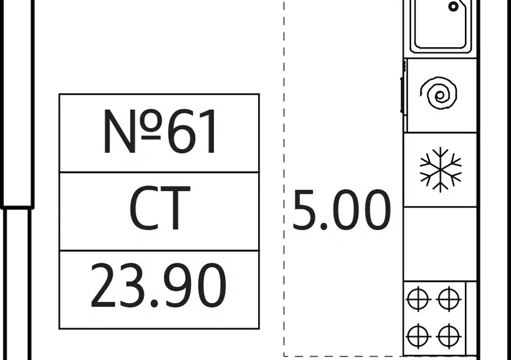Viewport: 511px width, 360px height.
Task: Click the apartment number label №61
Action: click(x=160, y=133)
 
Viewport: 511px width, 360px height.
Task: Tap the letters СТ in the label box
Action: click(x=160, y=210)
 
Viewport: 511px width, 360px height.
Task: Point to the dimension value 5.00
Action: click(x=341, y=210)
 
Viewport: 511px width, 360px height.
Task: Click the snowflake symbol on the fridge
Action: click(x=441, y=169)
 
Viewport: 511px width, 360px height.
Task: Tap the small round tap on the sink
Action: click(x=454, y=7)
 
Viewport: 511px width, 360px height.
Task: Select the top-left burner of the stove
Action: click(x=418, y=299)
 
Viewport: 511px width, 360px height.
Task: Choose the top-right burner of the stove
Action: click(x=449, y=299)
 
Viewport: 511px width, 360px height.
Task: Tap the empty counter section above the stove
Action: click(x=440, y=244)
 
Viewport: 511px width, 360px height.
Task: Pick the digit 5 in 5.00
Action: click(x=304, y=210)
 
